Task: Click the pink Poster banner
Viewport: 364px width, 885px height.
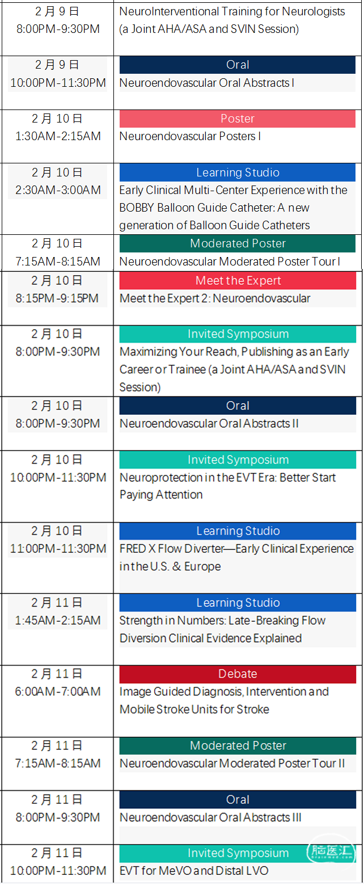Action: coord(237,119)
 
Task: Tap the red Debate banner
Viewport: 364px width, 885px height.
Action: coord(238,674)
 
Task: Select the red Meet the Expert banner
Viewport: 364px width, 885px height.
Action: coord(238,280)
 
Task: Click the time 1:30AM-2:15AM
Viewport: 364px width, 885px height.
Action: coord(58,136)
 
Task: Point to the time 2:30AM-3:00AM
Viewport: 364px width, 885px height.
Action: coord(58,190)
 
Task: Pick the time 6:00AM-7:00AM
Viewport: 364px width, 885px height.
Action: coord(58,692)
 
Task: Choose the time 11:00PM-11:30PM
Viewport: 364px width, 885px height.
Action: coord(58,549)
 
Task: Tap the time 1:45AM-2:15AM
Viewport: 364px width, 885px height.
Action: coord(58,620)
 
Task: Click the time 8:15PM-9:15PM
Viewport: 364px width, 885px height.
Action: coord(57,298)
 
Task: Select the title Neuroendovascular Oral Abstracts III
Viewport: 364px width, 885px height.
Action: coord(210,817)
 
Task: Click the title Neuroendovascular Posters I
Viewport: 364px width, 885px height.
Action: coord(190,136)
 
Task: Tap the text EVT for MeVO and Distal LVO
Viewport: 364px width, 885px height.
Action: coord(194,871)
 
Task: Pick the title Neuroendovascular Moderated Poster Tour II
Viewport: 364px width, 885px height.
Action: coord(232,764)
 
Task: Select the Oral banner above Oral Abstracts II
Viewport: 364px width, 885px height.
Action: coord(238,406)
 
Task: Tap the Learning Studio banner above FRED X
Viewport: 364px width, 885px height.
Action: coord(238,531)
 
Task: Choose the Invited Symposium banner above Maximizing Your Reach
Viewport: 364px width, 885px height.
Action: coord(238,334)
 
